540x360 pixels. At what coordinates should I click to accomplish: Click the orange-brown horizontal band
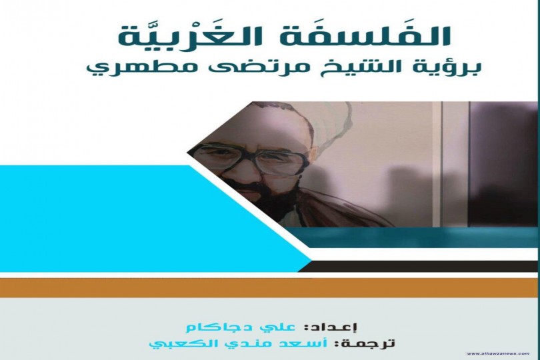(267, 287)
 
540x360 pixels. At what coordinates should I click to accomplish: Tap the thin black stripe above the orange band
(427, 267)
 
